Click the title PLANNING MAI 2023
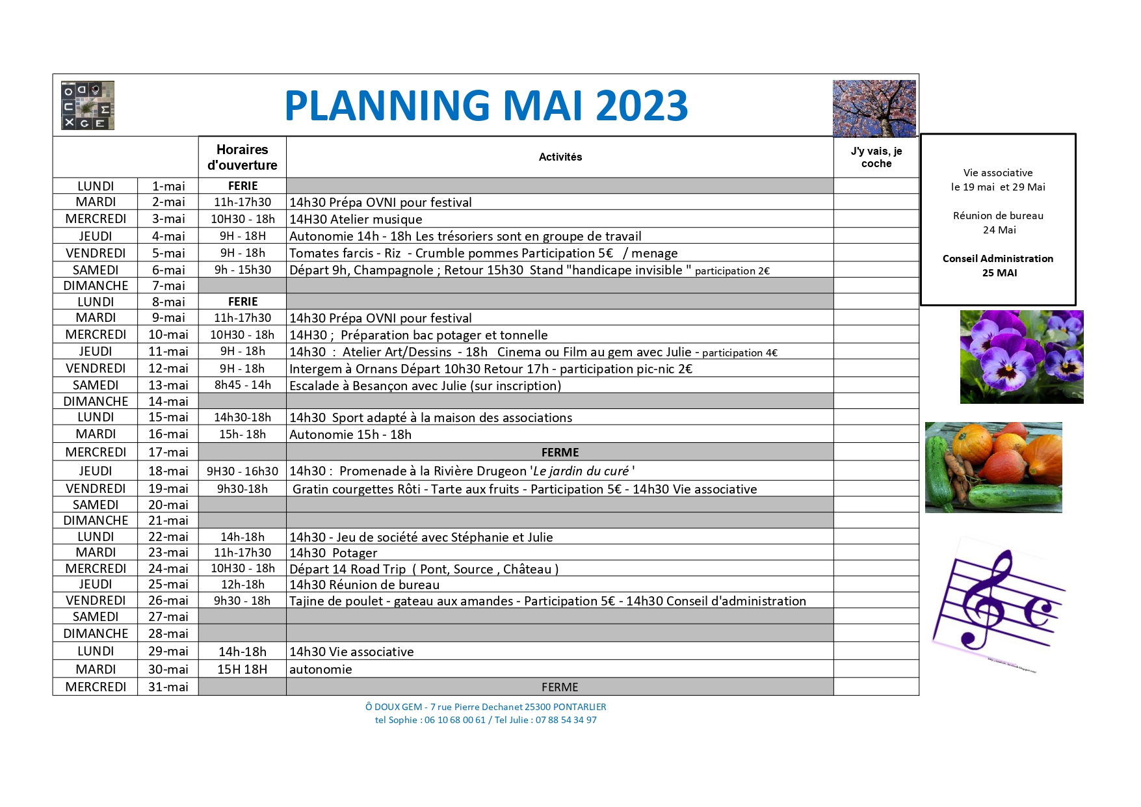point(486,105)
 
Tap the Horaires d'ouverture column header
point(243,157)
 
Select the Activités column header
point(560,157)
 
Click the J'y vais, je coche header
point(876,157)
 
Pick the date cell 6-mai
point(168,270)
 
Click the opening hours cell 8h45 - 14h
point(243,385)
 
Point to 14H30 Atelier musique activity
point(356,219)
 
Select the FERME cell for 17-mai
point(560,452)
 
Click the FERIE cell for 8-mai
point(243,302)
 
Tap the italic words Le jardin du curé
point(581,471)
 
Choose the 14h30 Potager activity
point(333,553)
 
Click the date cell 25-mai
point(168,584)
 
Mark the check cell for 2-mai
point(876,202)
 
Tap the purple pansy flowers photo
point(1021,357)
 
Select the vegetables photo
point(993,468)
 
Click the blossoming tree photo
point(874,109)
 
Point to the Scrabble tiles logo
point(88,105)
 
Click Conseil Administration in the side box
point(998,259)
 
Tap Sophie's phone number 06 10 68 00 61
point(455,720)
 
